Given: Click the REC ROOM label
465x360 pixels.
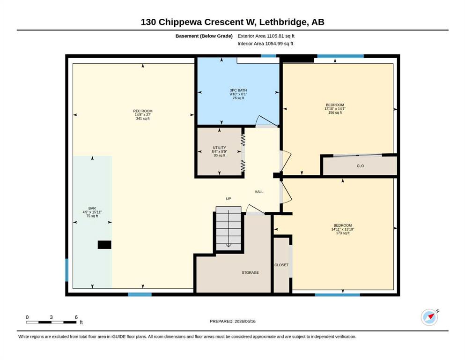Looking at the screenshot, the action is tap(143, 111).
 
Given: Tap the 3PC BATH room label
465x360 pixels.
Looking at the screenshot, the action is tap(238, 90).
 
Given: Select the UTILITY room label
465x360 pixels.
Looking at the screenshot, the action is tap(219, 148).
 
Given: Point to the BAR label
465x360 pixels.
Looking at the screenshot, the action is tap(92, 208).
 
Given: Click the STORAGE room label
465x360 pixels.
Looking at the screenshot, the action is tap(250, 272).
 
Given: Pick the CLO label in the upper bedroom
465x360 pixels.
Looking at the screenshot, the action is tap(360, 166).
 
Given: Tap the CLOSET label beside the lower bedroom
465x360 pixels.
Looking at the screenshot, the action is tap(281, 265).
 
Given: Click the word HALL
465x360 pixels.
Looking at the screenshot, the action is tap(259, 192).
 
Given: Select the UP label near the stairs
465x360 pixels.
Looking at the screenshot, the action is tap(229, 199).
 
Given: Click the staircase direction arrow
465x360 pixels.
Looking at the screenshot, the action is tap(229, 229).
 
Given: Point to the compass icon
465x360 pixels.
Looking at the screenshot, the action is tap(429, 317).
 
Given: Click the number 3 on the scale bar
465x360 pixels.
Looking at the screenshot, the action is tap(52, 317).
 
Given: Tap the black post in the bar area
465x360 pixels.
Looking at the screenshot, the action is tap(104, 245).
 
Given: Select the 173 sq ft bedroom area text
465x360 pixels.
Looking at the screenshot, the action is tap(342, 233).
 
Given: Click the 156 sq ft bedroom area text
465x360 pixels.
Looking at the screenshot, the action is tap(335, 113).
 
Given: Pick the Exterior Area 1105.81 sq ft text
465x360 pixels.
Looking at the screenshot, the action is tap(266, 36).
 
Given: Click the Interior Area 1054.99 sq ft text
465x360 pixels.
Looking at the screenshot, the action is tap(265, 44).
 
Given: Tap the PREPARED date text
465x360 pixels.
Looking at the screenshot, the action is tap(232, 321).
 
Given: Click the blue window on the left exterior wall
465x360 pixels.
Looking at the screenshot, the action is tap(66, 270).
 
